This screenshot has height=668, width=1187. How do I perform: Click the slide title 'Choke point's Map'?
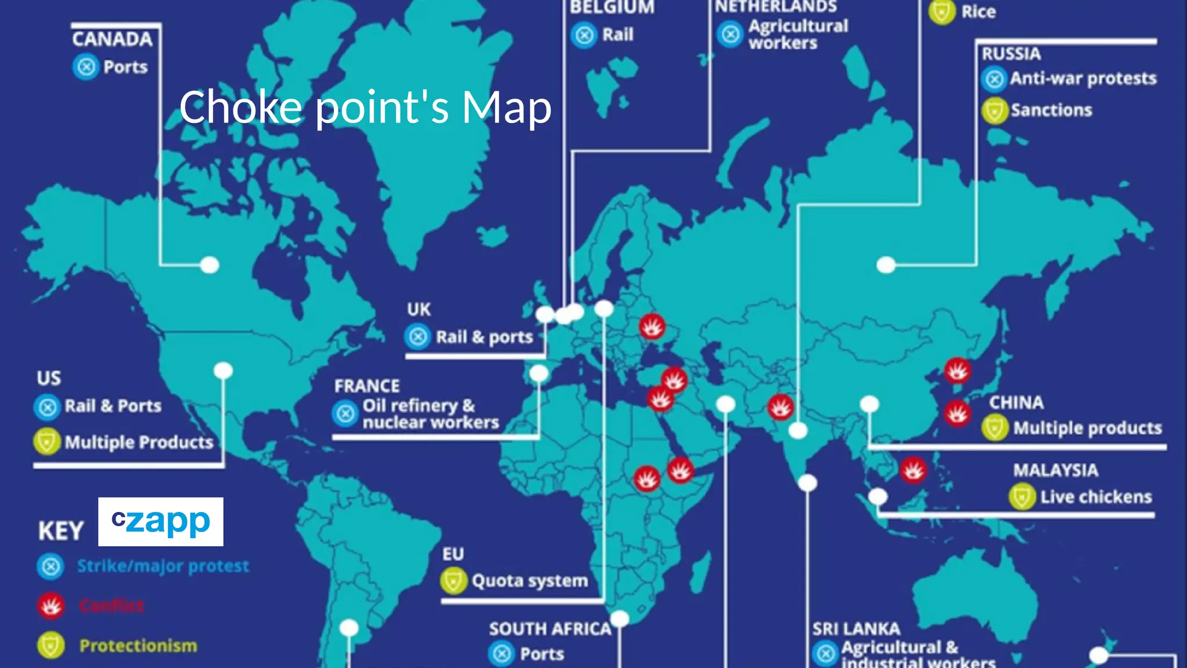point(365,107)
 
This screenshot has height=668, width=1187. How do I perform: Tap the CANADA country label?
point(112,39)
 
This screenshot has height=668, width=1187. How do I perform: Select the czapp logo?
point(161,521)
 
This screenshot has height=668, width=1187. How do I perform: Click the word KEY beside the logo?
point(61,531)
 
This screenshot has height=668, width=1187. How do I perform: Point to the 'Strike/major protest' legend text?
point(163,566)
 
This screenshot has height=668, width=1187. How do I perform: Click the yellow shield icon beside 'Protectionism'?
point(51,645)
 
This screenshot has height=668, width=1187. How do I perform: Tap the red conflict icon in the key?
point(51,606)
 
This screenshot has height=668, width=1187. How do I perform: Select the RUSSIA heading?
point(1011,54)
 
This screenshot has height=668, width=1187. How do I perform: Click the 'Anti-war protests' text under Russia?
point(1083,78)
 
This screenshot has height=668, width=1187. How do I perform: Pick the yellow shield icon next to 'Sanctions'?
point(995,110)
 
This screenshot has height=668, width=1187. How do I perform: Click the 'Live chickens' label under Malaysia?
point(1096,497)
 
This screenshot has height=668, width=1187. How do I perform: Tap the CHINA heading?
point(1016,402)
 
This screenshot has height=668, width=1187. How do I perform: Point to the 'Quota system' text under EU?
point(530,580)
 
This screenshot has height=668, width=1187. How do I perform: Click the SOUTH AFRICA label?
point(550,629)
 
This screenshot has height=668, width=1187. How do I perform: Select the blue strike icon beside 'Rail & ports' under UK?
point(418,336)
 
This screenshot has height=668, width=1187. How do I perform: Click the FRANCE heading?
point(367,386)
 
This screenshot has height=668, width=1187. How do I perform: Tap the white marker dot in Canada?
point(210,265)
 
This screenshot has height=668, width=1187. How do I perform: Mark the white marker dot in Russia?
point(886,265)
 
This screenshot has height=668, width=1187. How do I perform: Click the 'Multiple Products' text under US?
point(139,442)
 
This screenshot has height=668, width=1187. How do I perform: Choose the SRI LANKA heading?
point(855,629)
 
